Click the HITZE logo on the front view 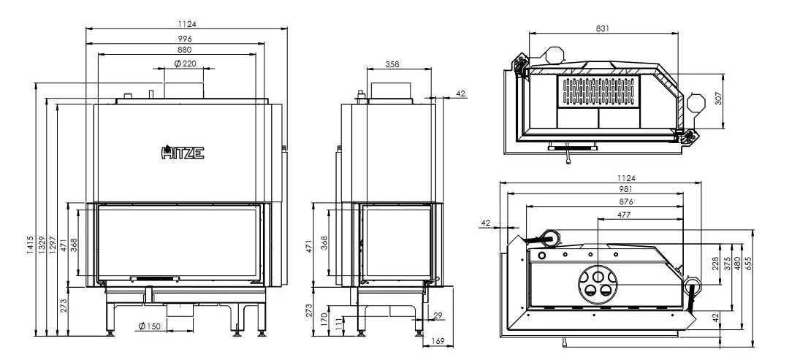coord(183,153)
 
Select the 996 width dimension coord(184,37)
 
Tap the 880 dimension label coord(184,50)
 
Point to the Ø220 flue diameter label coord(186,64)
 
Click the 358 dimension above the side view coord(392,64)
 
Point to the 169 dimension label coord(438,340)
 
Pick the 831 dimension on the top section coord(603,28)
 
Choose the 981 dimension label coord(606,188)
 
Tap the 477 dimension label coord(606,215)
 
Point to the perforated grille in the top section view coord(599,91)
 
